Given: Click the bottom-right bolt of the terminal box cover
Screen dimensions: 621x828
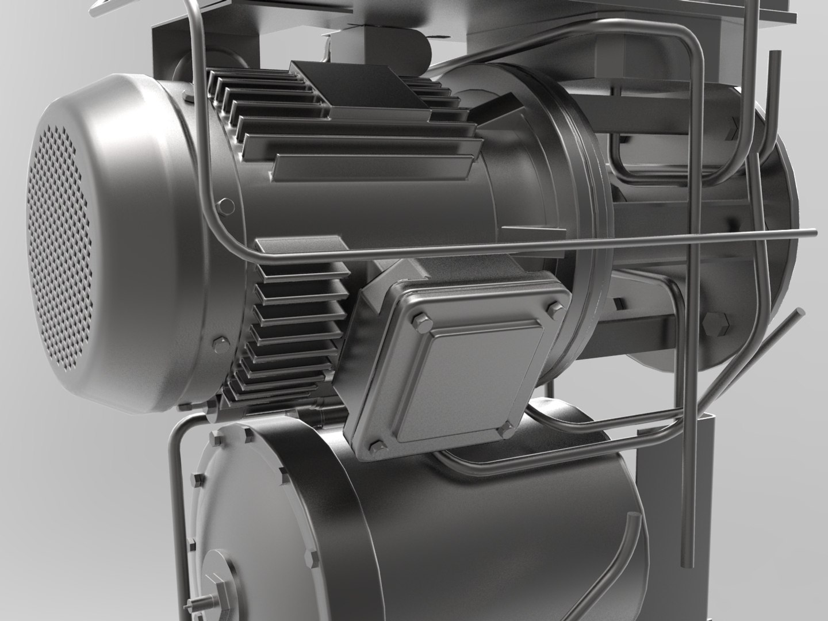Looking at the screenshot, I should [x=506, y=429].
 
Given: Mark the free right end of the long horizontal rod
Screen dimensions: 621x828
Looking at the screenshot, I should [x=812, y=232].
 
